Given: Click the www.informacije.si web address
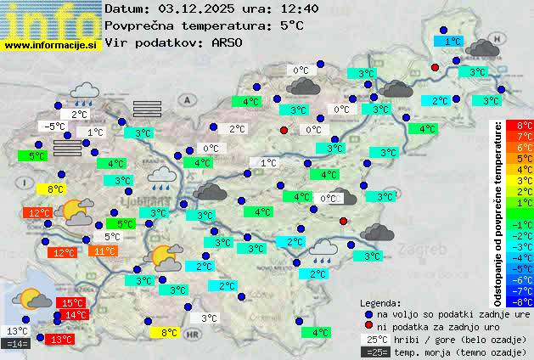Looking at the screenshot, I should tap(51, 45).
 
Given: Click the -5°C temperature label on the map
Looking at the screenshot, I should tap(55, 127).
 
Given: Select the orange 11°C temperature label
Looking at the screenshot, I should tap(104, 251).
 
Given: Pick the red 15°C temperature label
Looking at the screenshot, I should tap(70, 303).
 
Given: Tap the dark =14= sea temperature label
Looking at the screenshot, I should tap(16, 343).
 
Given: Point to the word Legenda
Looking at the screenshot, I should tap(380, 302).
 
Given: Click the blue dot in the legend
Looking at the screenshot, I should tap(368, 313).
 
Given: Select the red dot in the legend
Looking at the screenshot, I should tap(368, 326).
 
